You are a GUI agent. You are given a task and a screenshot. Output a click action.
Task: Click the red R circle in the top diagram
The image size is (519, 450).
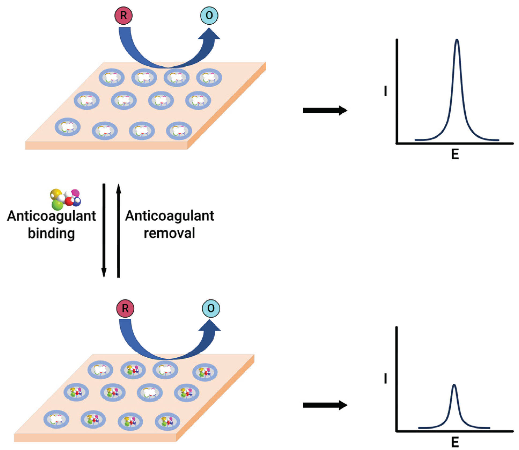[x=123, y=16]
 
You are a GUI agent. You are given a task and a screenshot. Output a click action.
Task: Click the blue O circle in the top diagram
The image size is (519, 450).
[x=209, y=16]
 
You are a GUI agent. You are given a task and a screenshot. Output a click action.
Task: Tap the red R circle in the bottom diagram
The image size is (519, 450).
[x=125, y=308]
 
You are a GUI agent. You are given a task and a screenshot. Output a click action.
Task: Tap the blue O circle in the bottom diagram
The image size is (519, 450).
[x=211, y=308]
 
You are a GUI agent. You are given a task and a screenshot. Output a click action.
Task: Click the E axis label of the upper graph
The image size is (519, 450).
[x=455, y=154]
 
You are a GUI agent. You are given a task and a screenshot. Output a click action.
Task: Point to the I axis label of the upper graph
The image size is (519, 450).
[x=385, y=91]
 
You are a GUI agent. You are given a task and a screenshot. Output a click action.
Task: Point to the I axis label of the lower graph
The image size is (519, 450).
[x=385, y=379]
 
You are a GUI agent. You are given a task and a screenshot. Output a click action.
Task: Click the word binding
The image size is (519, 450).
[x=51, y=233]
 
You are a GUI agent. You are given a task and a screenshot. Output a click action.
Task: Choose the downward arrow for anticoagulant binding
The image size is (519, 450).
[x=104, y=230]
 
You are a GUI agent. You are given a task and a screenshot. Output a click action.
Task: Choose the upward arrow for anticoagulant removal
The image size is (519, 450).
[x=118, y=230]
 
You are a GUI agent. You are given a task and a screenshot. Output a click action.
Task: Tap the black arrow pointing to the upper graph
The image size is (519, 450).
[x=325, y=110]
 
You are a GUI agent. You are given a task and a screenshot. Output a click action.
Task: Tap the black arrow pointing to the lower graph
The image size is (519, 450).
[x=325, y=405]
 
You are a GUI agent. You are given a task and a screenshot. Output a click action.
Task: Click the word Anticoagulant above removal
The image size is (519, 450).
[x=169, y=216]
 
